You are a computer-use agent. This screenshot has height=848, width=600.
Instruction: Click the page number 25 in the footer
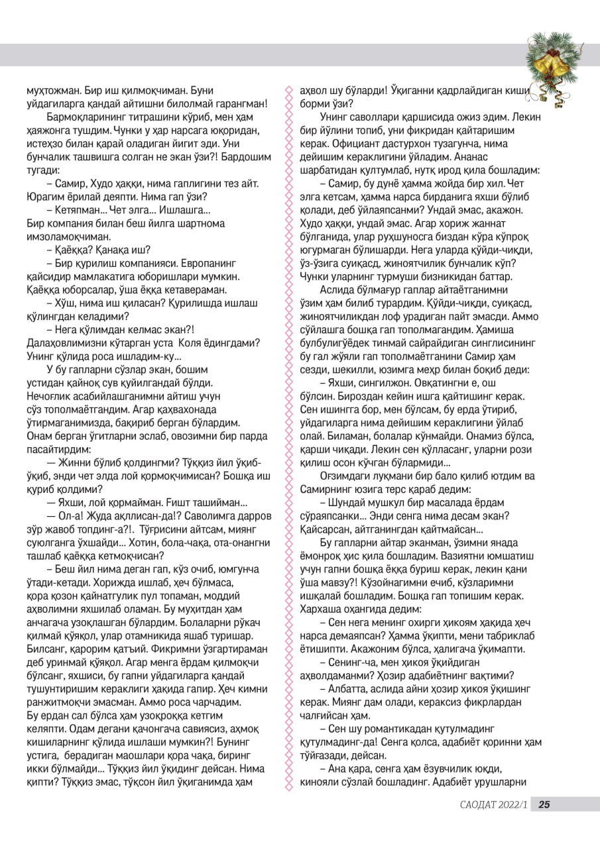tap(544, 805)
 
